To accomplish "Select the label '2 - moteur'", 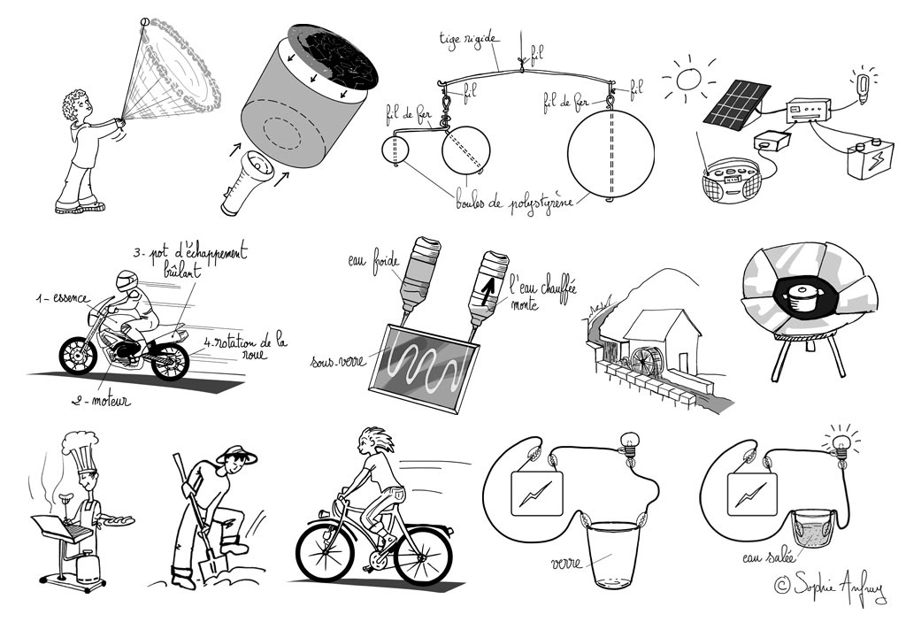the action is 101,402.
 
